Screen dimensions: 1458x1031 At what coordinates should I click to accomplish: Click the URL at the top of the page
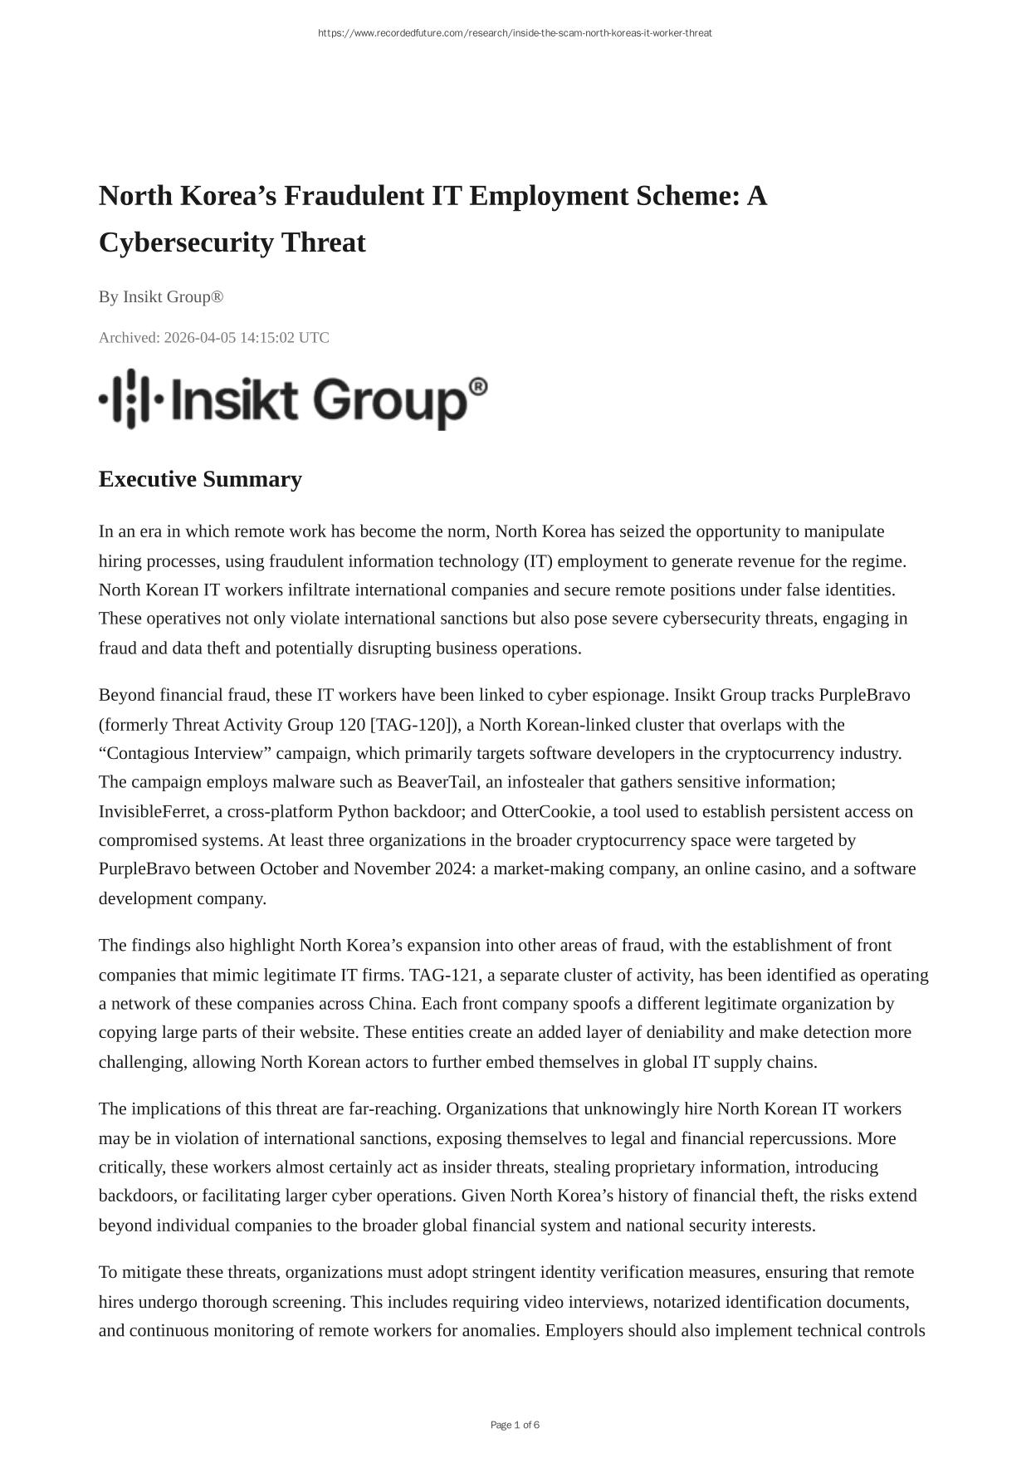tap(515, 33)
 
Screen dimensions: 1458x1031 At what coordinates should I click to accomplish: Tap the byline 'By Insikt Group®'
tap(161, 297)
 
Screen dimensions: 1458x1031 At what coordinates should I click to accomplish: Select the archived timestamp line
tap(213, 338)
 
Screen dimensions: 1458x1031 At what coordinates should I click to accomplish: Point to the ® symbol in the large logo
tap(478, 387)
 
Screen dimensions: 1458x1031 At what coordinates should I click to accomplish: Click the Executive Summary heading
tap(200, 480)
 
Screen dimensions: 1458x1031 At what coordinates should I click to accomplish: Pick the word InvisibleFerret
tap(152, 811)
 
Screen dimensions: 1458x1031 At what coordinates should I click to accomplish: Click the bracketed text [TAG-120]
tap(411, 725)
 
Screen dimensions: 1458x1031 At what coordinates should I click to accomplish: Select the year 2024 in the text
tap(453, 869)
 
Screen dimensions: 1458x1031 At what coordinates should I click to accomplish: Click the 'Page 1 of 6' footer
tap(515, 1426)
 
